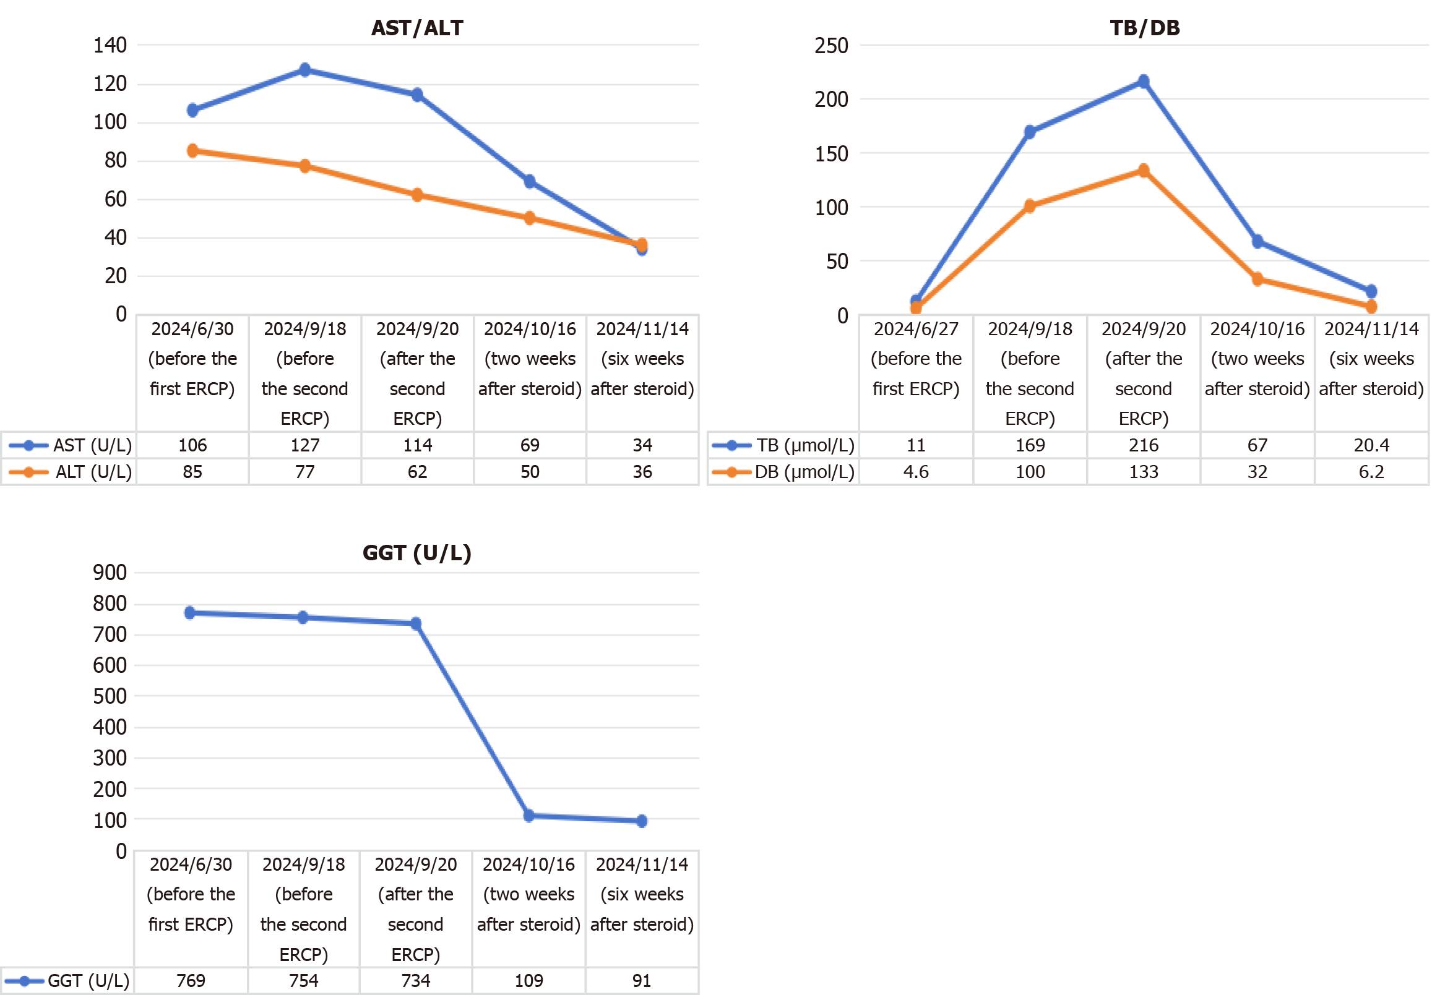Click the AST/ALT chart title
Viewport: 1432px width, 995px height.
[417, 28]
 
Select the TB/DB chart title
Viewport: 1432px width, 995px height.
[1144, 28]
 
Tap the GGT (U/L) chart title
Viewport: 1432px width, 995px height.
[416, 553]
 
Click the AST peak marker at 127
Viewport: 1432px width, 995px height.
[305, 70]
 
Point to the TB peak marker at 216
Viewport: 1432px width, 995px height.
[1143, 82]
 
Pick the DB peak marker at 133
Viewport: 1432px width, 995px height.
[1143, 171]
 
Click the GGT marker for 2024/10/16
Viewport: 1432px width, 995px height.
[529, 816]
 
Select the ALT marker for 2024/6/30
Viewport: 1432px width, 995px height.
[192, 151]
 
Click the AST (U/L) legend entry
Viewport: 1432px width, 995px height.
[70, 445]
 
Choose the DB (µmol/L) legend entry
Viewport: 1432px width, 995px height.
[783, 472]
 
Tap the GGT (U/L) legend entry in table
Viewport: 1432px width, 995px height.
[67, 981]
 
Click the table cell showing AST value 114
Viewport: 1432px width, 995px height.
[417, 445]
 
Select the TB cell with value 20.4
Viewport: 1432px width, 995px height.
[1371, 445]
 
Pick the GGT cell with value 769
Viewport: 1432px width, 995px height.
[191, 981]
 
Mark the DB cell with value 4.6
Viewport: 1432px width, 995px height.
[916, 472]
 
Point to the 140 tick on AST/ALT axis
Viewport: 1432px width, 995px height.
[110, 45]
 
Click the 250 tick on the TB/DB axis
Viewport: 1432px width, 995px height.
[830, 46]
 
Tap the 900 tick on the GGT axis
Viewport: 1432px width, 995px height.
[110, 572]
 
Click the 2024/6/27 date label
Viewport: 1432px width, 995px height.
[916, 329]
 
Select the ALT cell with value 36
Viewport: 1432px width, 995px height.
[642, 472]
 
